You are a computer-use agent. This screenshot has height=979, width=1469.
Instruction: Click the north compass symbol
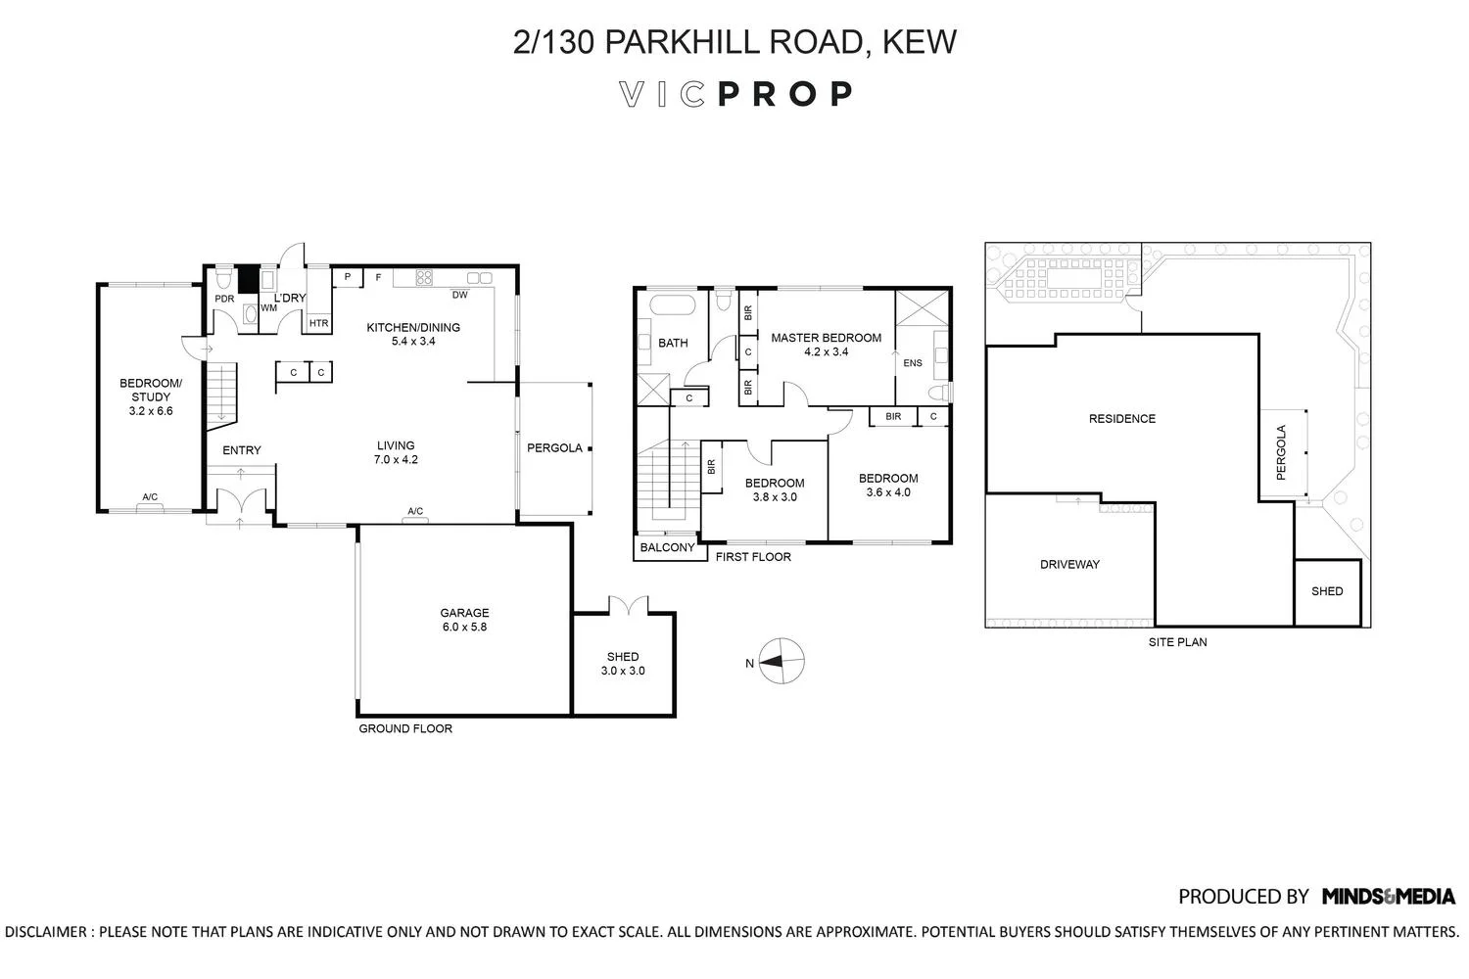point(782,661)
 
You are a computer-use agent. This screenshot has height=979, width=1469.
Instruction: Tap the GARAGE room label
point(464,613)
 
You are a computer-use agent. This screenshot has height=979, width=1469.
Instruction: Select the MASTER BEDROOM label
point(826,338)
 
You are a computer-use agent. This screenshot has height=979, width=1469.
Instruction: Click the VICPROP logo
point(736,94)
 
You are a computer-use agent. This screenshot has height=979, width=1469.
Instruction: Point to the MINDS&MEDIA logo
point(1388,896)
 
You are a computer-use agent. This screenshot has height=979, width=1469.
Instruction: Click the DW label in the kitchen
point(459,295)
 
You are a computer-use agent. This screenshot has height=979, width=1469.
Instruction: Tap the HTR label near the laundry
point(318,323)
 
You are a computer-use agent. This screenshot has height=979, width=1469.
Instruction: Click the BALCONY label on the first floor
point(667,548)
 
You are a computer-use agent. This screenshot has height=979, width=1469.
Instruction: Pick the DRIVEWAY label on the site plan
point(1069,565)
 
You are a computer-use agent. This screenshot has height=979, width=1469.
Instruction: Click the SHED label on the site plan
point(1327,591)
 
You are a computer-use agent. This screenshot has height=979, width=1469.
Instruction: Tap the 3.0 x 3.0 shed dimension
point(623,671)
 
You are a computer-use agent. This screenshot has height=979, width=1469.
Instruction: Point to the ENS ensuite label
point(913,363)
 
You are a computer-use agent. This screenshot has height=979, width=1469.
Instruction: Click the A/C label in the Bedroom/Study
point(150,497)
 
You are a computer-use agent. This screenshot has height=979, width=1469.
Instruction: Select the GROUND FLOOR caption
point(405,728)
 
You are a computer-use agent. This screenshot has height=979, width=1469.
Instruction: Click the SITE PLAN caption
point(1177,642)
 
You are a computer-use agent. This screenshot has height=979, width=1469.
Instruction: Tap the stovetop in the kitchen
point(424,277)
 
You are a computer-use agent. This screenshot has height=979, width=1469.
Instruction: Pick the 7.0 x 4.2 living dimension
point(396,459)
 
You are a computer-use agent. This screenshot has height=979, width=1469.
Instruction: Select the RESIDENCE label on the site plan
point(1122,419)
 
